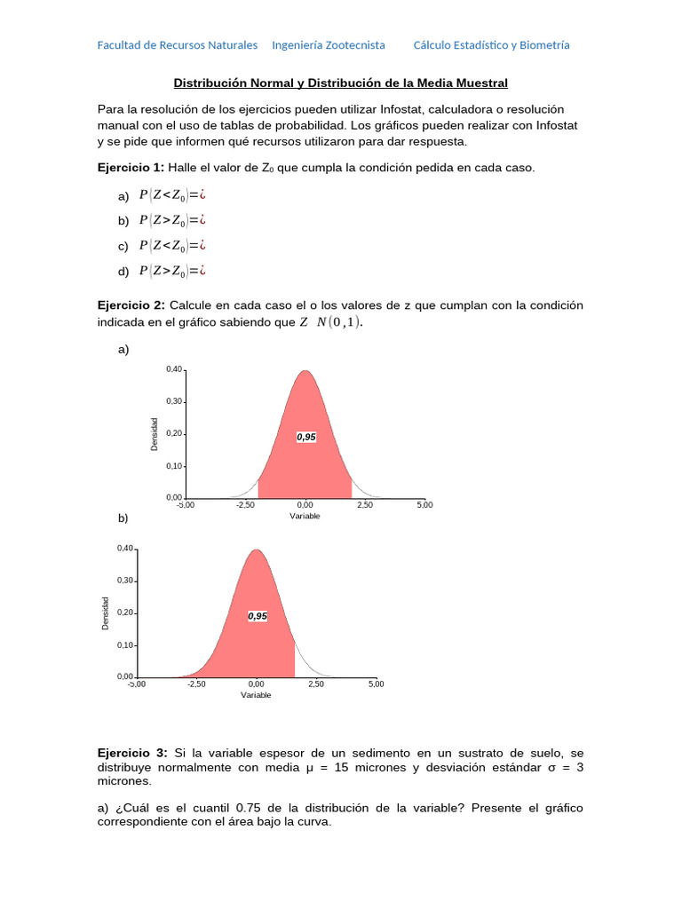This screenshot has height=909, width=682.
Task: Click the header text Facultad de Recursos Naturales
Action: click(x=178, y=45)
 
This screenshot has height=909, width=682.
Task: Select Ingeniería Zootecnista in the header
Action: click(x=329, y=45)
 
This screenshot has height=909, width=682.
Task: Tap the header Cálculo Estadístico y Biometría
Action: click(x=492, y=45)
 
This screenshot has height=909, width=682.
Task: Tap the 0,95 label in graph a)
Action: click(x=306, y=437)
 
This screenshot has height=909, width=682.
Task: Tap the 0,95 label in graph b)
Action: click(x=258, y=615)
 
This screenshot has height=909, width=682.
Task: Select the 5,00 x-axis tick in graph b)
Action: click(x=376, y=684)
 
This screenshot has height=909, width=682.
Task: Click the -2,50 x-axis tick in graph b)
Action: click(x=196, y=684)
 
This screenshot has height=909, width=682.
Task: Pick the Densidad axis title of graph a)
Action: click(x=155, y=434)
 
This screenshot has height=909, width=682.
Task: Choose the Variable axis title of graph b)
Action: click(x=256, y=695)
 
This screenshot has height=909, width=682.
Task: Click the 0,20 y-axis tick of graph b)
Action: click(x=124, y=613)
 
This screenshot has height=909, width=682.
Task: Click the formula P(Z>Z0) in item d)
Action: click(x=166, y=271)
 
